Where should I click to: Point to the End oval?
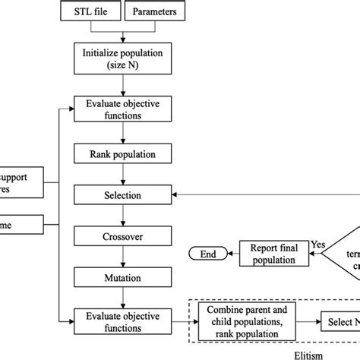click(208, 254)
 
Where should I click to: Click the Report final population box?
click(274, 254)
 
